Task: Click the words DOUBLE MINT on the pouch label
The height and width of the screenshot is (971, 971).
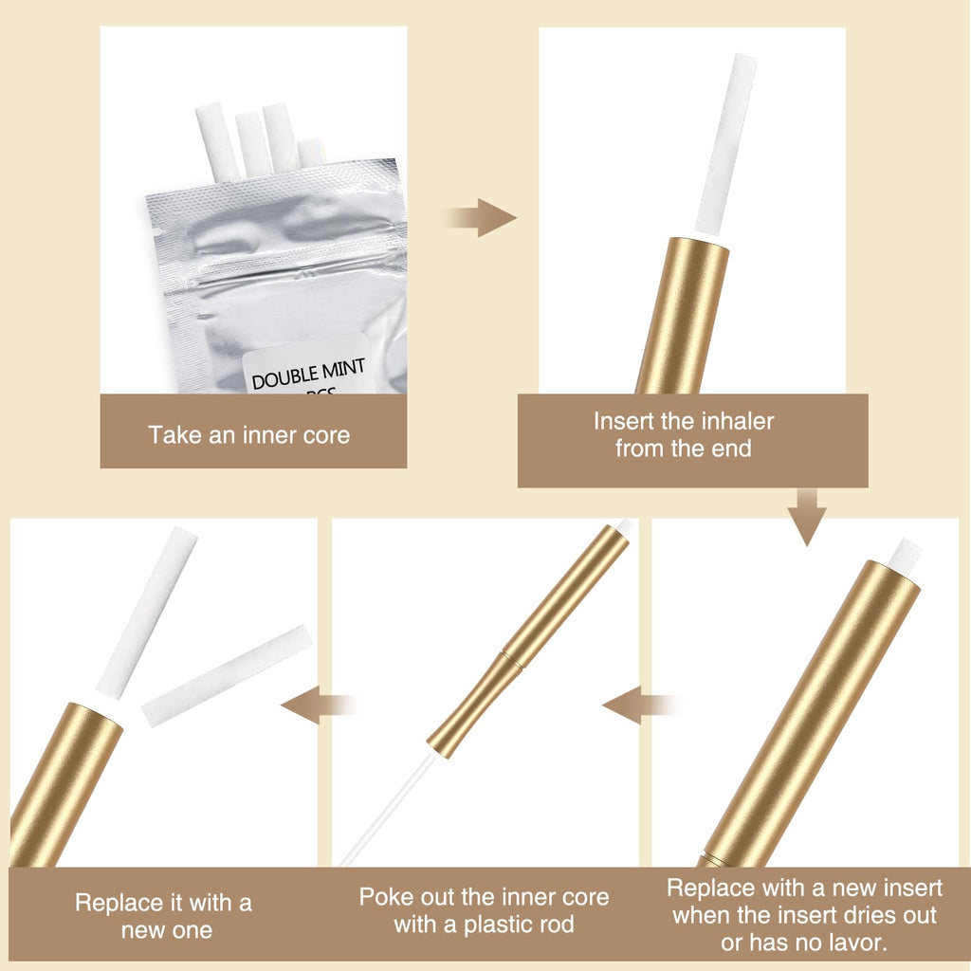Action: click(x=308, y=374)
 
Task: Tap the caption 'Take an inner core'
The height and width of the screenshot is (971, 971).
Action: click(x=249, y=435)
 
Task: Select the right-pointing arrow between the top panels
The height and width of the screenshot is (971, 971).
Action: click(x=480, y=217)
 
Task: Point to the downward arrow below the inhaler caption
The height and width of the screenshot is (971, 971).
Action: click(x=806, y=517)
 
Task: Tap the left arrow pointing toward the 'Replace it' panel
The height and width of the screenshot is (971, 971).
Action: click(x=319, y=705)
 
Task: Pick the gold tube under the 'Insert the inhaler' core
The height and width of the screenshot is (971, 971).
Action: click(x=681, y=316)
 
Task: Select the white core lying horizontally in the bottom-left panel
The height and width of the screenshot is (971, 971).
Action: click(x=227, y=675)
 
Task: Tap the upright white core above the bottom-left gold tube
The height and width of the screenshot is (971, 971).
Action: click(x=147, y=614)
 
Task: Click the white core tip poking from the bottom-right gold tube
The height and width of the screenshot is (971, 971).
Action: click(x=905, y=553)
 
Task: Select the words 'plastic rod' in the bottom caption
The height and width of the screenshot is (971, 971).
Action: click(x=519, y=925)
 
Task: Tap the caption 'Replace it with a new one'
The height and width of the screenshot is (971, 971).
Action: click(x=164, y=917)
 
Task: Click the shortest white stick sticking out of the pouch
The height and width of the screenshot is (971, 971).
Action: click(x=311, y=153)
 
